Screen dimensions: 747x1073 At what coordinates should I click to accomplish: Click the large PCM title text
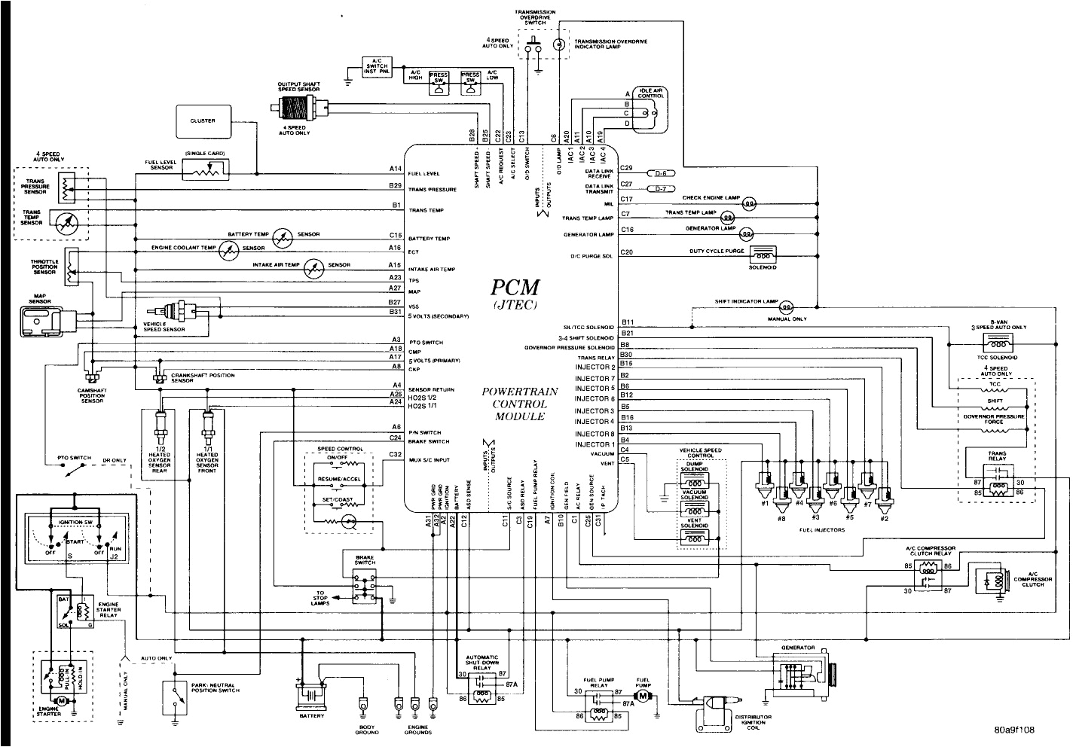(515, 288)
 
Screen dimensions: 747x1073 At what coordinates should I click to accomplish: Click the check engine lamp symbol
(749, 203)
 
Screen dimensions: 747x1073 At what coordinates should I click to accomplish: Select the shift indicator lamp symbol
(786, 306)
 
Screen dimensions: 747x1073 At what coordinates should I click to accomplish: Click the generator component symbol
(799, 672)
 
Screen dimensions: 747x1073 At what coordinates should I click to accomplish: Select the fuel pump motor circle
(642, 697)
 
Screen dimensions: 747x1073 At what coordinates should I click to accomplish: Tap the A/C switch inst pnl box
(376, 66)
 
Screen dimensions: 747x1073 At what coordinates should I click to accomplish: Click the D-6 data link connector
(661, 172)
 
